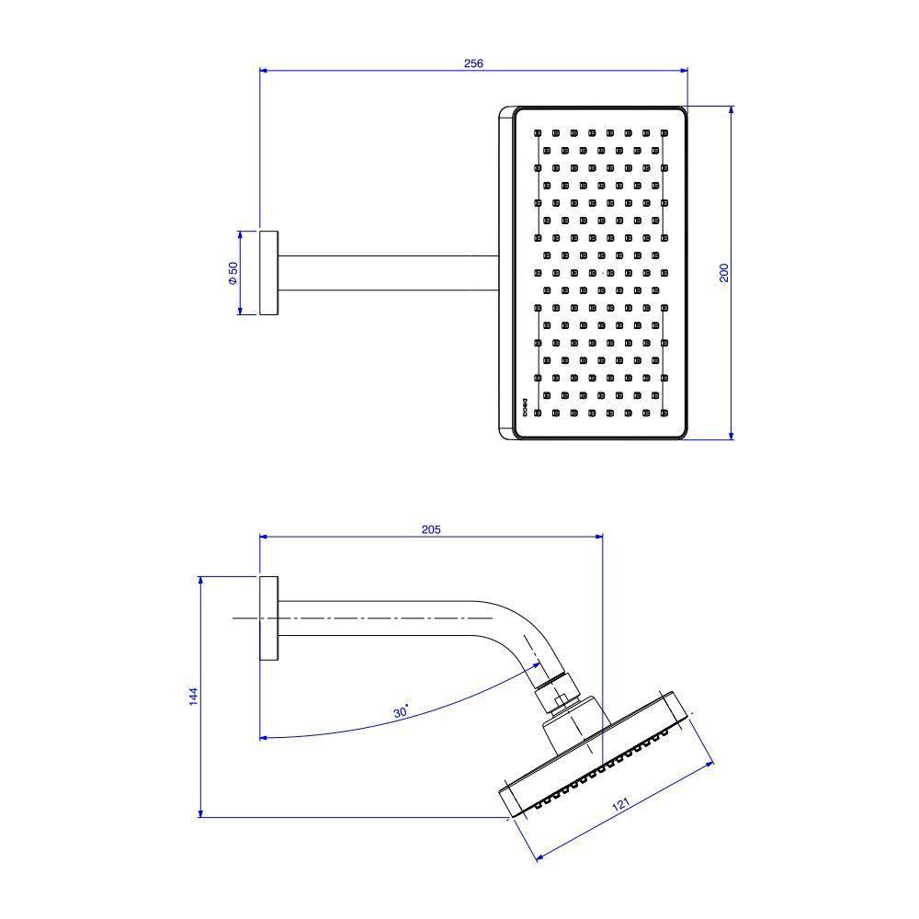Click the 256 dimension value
pos(473,63)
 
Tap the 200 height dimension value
pos(724,272)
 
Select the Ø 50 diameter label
pos(233,273)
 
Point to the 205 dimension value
pos(431,529)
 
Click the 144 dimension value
pos(193,697)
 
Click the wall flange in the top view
pos(268,273)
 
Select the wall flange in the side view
pos(268,618)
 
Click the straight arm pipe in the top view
pos(386,273)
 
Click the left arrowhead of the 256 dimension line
pos(265,69)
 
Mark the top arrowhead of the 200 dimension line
pos(732,110)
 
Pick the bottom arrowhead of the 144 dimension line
pos(199,812)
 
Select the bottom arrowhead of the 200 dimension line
pos(732,435)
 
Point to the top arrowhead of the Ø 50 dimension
pos(241,234)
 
